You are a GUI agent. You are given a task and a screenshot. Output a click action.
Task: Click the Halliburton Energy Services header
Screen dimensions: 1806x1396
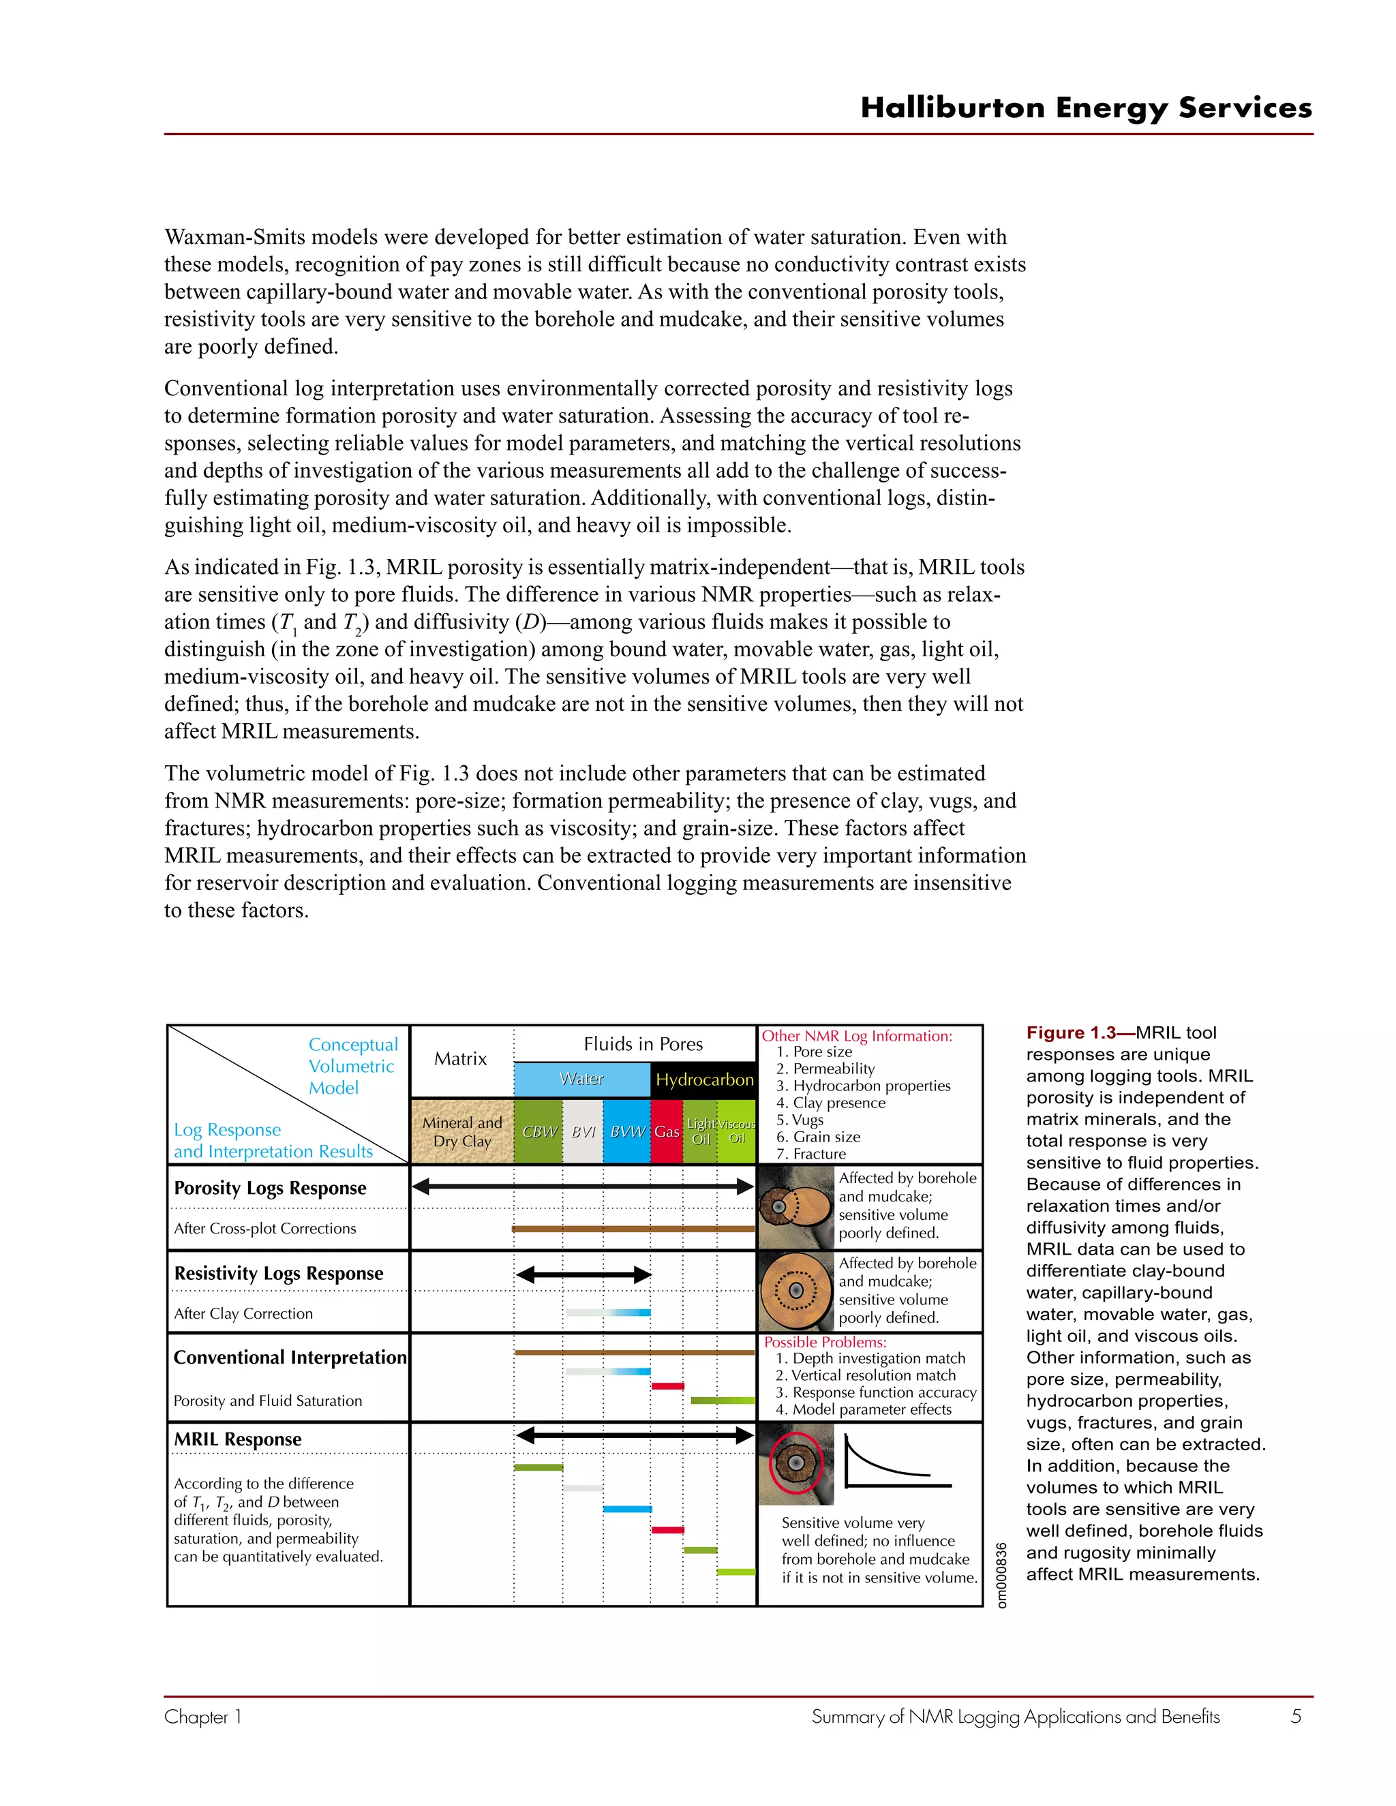(x=1086, y=108)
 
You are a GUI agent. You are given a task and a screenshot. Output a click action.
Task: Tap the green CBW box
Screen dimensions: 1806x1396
(x=538, y=1131)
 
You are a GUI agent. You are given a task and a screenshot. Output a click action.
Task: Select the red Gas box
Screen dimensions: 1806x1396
(x=667, y=1131)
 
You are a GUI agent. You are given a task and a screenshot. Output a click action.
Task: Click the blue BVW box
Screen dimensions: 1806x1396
(x=627, y=1131)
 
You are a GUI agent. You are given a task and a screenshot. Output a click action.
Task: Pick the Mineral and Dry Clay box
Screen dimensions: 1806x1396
(x=462, y=1131)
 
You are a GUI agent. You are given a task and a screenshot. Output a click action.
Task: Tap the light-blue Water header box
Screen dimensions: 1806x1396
(x=581, y=1079)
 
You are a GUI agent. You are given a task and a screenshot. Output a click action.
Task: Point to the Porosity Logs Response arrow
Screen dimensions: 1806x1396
(x=583, y=1187)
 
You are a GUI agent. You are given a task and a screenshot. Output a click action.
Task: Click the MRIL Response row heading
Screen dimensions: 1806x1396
(x=238, y=1439)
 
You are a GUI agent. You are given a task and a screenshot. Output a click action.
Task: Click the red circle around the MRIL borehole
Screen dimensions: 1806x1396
(x=795, y=1463)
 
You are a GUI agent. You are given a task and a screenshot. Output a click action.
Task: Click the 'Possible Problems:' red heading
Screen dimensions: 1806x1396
(x=825, y=1342)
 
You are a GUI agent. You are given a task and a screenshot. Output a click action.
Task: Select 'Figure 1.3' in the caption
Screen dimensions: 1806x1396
(x=1070, y=1032)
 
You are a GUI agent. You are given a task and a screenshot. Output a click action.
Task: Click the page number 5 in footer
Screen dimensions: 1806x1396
(x=1296, y=1716)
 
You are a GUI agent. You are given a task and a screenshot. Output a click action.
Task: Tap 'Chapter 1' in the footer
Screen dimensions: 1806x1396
(x=202, y=1717)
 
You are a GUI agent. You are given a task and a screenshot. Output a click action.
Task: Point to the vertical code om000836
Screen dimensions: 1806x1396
(x=1001, y=1575)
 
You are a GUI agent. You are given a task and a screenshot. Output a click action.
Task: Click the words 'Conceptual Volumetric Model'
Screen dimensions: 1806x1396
(x=353, y=1066)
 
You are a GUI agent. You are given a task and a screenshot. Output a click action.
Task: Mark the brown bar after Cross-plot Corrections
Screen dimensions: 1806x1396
(x=633, y=1229)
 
